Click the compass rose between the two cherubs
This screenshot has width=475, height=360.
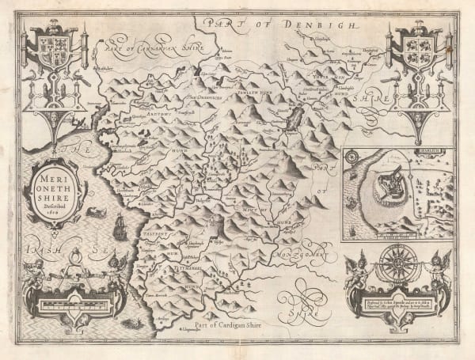click(393, 262)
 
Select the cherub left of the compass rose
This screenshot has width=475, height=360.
click(358, 266)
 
